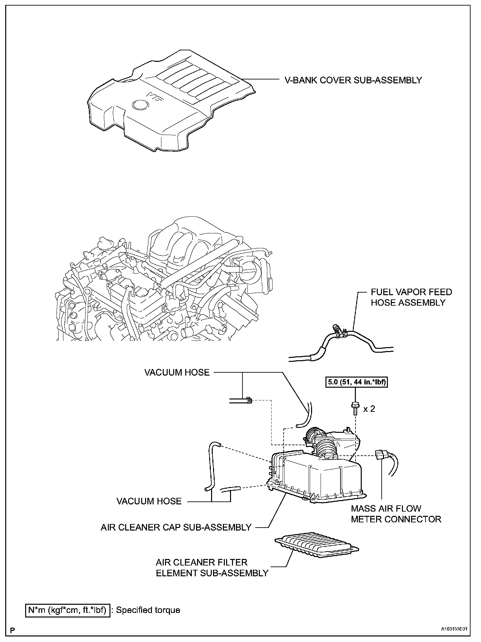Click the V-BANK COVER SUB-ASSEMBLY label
point(353,80)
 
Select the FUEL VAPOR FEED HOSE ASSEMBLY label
point(411,297)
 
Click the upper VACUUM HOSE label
point(177,372)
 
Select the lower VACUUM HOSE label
point(149,501)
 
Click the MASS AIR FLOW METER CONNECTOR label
point(396,514)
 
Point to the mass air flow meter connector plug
point(381,455)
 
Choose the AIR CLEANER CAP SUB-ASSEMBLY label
point(176,527)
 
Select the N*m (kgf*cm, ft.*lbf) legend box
point(67,610)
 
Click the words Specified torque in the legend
point(148,610)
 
